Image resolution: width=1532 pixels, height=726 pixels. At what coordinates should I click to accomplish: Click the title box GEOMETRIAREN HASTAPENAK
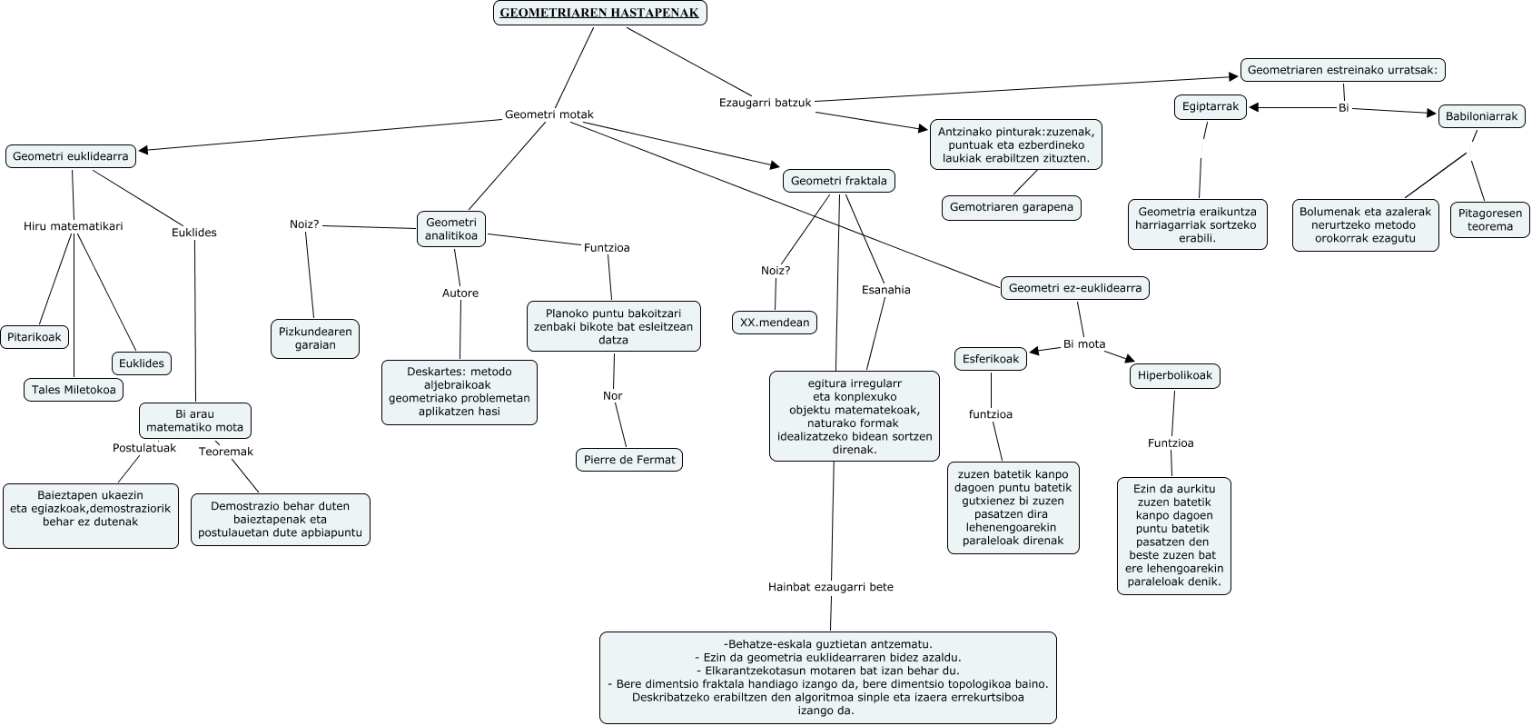tap(599, 13)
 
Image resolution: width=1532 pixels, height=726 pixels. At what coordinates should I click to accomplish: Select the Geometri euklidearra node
tap(71, 156)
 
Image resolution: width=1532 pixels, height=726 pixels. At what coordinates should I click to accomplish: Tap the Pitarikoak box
tap(35, 337)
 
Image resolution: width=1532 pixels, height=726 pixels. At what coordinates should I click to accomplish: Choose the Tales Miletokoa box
tap(74, 390)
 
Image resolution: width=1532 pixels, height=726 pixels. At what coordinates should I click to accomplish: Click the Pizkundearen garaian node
tap(315, 338)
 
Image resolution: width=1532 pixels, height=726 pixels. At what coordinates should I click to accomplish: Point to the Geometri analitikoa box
tap(451, 229)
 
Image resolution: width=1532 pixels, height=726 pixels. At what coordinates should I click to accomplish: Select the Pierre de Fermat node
tap(629, 460)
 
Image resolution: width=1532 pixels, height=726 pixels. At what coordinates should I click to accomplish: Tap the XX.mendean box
tap(775, 323)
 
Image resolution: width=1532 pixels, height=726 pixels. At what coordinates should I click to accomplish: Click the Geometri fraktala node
tap(838, 181)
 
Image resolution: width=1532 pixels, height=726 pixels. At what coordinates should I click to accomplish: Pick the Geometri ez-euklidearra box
tap(1075, 288)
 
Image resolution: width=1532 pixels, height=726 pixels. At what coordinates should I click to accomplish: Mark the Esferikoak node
tap(991, 359)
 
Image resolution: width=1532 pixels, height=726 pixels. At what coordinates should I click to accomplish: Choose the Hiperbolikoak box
tap(1174, 375)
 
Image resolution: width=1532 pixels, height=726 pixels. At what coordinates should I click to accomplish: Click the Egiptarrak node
tap(1210, 106)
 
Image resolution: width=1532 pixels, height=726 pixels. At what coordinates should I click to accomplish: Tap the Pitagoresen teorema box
tap(1489, 220)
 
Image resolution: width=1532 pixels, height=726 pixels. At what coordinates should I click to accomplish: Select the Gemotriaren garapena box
tap(1011, 207)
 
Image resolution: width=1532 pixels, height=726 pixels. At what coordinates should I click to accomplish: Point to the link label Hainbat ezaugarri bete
tap(830, 587)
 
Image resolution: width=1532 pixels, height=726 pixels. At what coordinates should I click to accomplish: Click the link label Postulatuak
tap(143, 448)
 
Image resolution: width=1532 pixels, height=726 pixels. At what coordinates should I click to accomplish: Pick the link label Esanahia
tap(885, 290)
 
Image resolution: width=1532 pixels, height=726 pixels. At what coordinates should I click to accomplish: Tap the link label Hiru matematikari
tap(73, 226)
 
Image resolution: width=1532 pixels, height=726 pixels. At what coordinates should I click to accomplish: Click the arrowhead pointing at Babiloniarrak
tap(1431, 114)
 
